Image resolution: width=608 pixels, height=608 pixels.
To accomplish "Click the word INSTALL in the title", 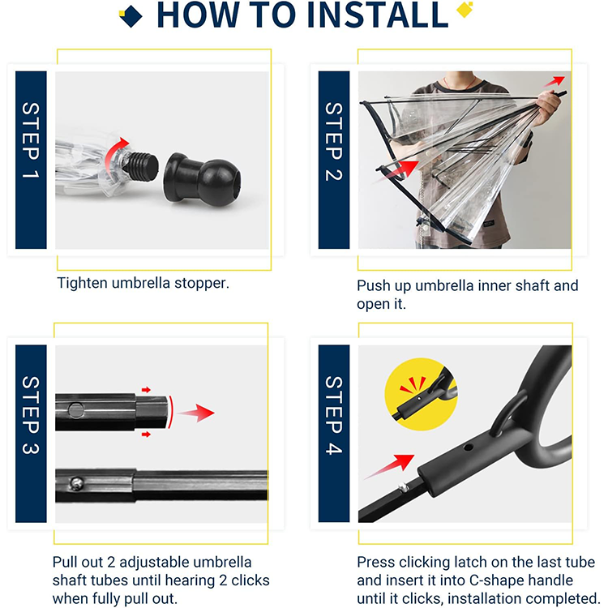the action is coord(377,15).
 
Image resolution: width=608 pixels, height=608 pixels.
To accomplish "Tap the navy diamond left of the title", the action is coord(131,16).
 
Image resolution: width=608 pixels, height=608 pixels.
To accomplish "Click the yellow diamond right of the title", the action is coord(464,9).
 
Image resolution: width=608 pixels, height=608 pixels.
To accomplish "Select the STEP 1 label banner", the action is coord(31,160).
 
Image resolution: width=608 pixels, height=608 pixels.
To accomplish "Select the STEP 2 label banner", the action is coord(334,160).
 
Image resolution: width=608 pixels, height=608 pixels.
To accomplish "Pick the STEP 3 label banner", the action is coord(31,434).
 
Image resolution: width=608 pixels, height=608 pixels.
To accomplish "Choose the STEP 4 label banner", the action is coord(334,434).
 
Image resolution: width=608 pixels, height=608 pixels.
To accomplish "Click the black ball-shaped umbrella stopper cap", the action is coord(203,179).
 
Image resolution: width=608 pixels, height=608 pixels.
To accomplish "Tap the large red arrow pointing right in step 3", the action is coord(197,413).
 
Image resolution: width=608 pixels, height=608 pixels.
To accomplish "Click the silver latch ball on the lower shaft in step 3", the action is coord(76,483).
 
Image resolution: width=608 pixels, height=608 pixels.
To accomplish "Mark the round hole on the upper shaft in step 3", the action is coord(75,410).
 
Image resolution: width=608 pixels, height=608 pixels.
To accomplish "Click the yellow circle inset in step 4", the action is coord(421,394).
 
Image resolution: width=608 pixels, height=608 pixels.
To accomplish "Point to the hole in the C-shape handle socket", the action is coord(468,447).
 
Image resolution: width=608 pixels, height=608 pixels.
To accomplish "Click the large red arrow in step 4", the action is coord(390,466).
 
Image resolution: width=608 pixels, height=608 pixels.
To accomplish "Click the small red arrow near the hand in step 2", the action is coord(554,81).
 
